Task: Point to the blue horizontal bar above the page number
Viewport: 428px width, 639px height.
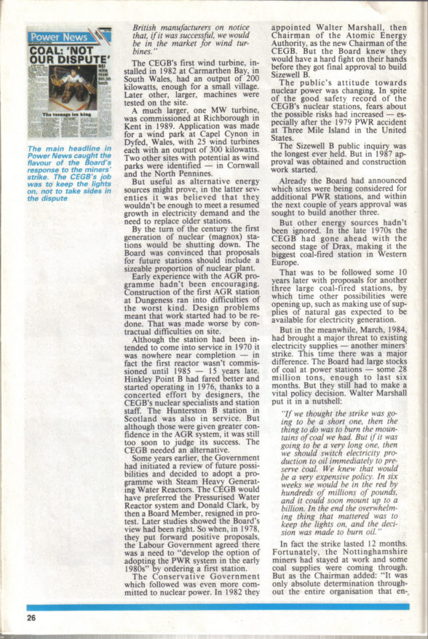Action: [x=219, y=606]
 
